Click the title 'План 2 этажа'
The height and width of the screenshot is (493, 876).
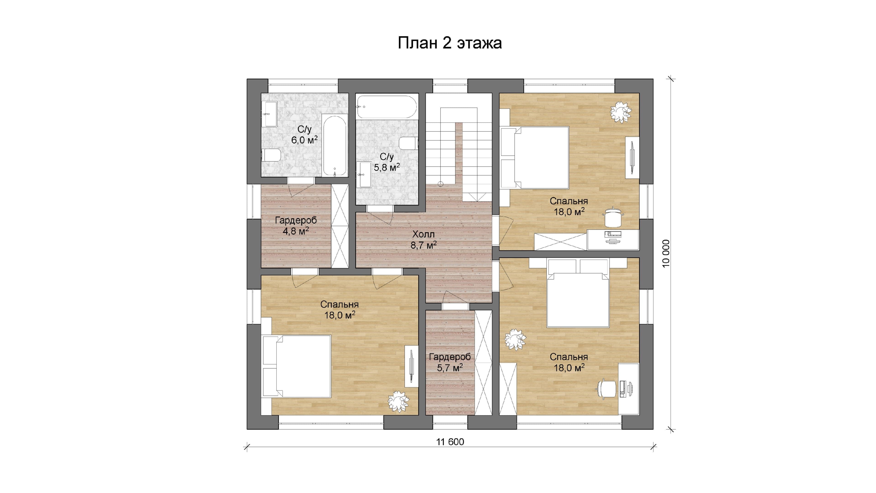tap(450, 43)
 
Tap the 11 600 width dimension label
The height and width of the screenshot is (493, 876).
tap(450, 442)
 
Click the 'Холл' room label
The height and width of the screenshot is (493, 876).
tap(423, 234)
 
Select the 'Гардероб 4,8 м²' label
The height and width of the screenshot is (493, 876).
tap(296, 226)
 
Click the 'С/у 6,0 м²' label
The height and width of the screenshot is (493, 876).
tap(304, 134)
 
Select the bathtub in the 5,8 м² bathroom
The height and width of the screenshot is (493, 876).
tap(386, 107)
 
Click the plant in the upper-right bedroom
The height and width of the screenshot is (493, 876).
tap(621, 112)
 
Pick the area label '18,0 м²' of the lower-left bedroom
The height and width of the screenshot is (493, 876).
tap(340, 315)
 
